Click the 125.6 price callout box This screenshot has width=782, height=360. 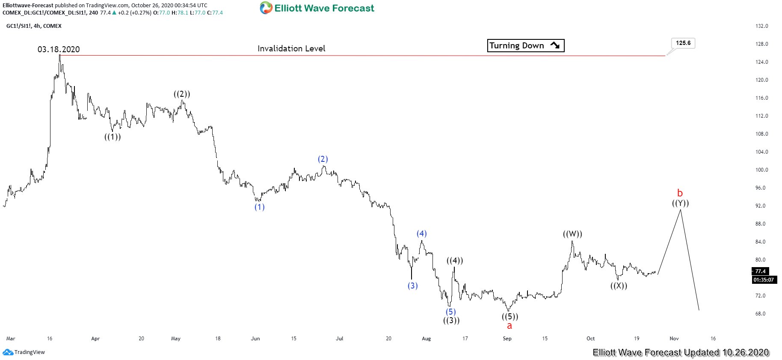pyautogui.click(x=683, y=43)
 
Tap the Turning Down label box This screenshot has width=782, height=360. pyautogui.click(x=525, y=45)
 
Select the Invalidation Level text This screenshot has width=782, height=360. pyautogui.click(x=291, y=48)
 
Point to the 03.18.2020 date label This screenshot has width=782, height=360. pyautogui.click(x=59, y=49)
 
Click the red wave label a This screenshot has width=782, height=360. pyautogui.click(x=509, y=326)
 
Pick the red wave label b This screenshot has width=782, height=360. pyautogui.click(x=680, y=193)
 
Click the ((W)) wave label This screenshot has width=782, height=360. pyautogui.click(x=572, y=234)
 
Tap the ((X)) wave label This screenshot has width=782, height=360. pyautogui.click(x=619, y=286)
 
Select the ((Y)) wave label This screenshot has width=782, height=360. pyautogui.click(x=680, y=203)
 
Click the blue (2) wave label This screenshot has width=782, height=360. pyautogui.click(x=323, y=159)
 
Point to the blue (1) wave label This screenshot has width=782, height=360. pyautogui.click(x=259, y=207)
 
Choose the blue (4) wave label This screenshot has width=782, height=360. pyautogui.click(x=422, y=234)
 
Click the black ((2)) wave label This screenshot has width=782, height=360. pyautogui.click(x=182, y=94)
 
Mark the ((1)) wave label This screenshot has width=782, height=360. pyautogui.click(x=113, y=137)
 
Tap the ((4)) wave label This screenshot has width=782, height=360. pyautogui.click(x=455, y=261)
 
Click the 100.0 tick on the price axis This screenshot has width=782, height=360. pyautogui.click(x=761, y=170)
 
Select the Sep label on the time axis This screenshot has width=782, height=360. pyautogui.click(x=507, y=339)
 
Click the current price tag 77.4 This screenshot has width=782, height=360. pyautogui.click(x=760, y=271)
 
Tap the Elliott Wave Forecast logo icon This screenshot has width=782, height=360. pyautogui.click(x=266, y=8)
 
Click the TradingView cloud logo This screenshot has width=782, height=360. pyautogui.click(x=8, y=352)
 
